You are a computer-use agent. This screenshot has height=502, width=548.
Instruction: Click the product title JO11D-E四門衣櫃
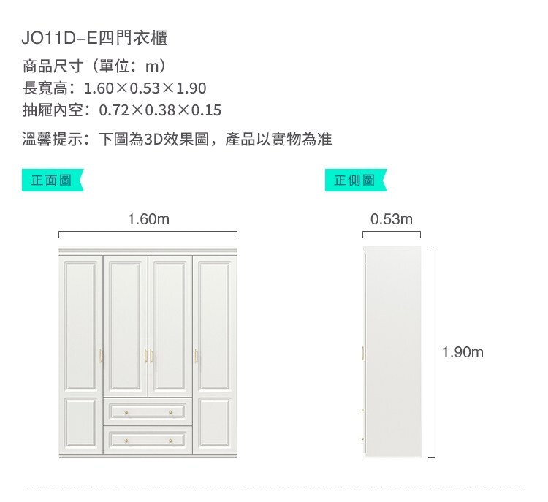(x=94, y=38)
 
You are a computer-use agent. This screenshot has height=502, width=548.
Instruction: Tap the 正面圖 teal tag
(x=53, y=180)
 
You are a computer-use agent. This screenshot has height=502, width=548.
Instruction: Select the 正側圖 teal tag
(x=355, y=180)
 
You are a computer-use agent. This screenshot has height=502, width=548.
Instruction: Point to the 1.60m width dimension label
(x=148, y=219)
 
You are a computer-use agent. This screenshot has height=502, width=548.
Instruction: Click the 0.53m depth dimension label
(x=392, y=219)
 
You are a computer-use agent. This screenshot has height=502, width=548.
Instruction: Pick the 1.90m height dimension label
(x=463, y=352)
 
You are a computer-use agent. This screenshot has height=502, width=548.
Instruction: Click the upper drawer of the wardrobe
(x=148, y=411)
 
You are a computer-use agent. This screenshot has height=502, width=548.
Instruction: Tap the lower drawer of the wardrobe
(x=148, y=440)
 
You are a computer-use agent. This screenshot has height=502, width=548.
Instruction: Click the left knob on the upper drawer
(x=126, y=413)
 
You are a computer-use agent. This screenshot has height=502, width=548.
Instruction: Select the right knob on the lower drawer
(x=170, y=441)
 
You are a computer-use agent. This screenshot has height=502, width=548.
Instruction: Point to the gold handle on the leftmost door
(x=101, y=356)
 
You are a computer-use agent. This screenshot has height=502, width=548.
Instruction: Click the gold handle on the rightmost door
(x=196, y=356)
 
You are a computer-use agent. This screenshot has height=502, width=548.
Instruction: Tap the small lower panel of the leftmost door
(x=80, y=422)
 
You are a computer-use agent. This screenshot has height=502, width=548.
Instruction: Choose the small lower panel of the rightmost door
(x=214, y=422)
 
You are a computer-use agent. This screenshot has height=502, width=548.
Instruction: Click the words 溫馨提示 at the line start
(x=52, y=139)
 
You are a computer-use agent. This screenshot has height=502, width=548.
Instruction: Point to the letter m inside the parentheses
(x=152, y=66)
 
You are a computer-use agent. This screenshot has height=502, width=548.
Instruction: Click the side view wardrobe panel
(x=392, y=351)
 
